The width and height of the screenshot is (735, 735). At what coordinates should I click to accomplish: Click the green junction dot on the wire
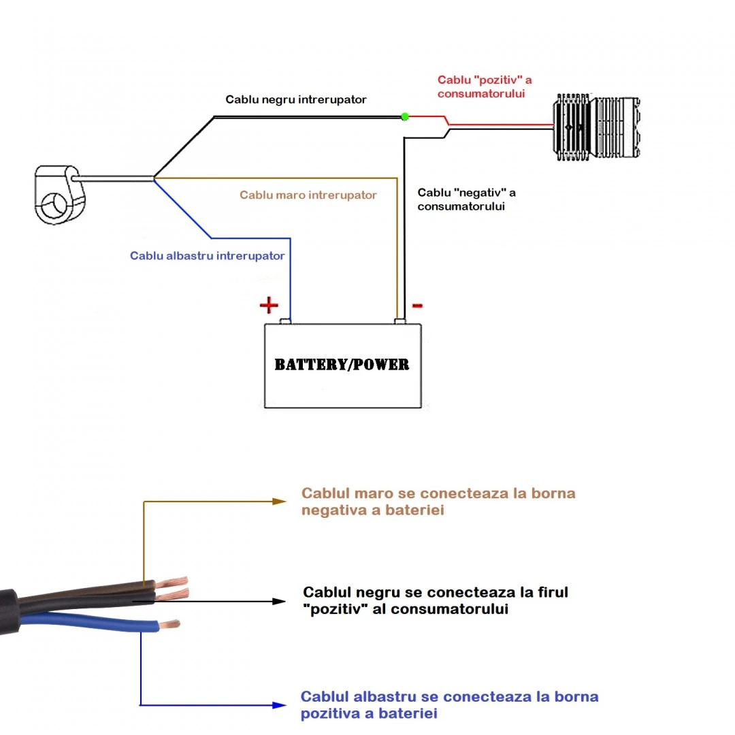click(405, 116)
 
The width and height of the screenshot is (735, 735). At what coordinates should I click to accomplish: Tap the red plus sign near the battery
click(269, 305)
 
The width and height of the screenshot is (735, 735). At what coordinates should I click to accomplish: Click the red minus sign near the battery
click(417, 306)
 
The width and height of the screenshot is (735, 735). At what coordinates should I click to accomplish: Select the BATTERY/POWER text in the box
click(342, 365)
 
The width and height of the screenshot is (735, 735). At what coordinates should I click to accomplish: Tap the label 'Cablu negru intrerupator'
click(296, 100)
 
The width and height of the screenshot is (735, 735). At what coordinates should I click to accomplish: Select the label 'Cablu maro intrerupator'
click(308, 195)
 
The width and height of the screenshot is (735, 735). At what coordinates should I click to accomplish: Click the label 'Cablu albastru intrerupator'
click(207, 256)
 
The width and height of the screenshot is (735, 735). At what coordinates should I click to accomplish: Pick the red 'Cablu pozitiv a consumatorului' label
click(485, 86)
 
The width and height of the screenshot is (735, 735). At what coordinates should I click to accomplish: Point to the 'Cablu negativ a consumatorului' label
click(466, 199)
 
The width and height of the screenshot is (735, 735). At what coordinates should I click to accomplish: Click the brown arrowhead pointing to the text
click(277, 501)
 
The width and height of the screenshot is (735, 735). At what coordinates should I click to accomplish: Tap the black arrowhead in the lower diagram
click(278, 601)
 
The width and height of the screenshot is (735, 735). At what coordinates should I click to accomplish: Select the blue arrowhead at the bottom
click(278, 705)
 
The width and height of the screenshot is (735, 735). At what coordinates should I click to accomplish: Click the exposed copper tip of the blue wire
click(170, 623)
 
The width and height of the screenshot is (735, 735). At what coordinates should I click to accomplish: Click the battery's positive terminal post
click(287, 321)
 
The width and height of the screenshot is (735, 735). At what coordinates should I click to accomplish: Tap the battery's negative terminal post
click(401, 321)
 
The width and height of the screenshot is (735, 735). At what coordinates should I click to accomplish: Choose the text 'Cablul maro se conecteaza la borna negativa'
click(438, 502)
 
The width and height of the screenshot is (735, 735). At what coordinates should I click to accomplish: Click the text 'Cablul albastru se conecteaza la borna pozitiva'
click(449, 705)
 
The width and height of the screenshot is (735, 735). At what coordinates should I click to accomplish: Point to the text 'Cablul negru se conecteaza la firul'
click(436, 600)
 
